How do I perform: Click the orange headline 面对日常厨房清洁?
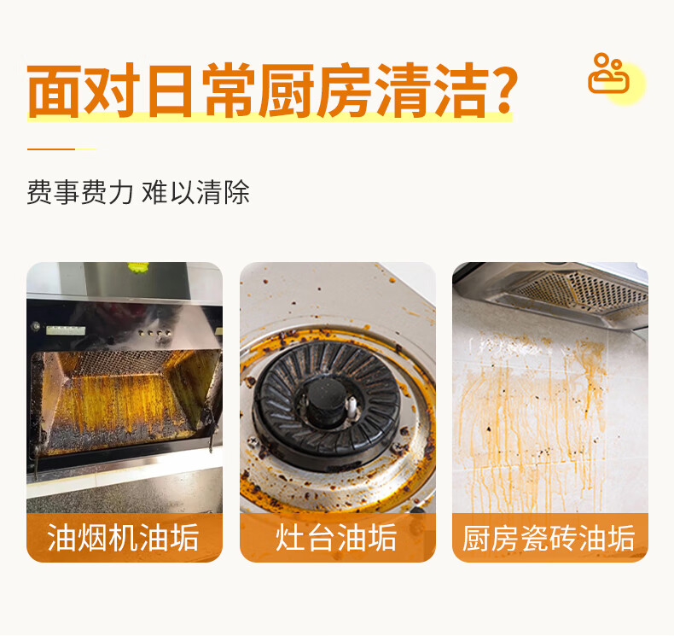click(272, 90)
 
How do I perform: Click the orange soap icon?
click(608, 73)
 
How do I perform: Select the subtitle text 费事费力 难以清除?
click(138, 192)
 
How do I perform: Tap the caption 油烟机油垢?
click(123, 538)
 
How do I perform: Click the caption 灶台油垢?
click(336, 538)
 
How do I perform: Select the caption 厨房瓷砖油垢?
click(549, 538)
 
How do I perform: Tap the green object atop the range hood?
click(138, 266)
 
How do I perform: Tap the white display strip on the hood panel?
click(66, 330)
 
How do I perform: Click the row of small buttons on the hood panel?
click(154, 332)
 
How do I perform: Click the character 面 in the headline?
click(54, 91)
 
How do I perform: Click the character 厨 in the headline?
click(286, 90)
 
